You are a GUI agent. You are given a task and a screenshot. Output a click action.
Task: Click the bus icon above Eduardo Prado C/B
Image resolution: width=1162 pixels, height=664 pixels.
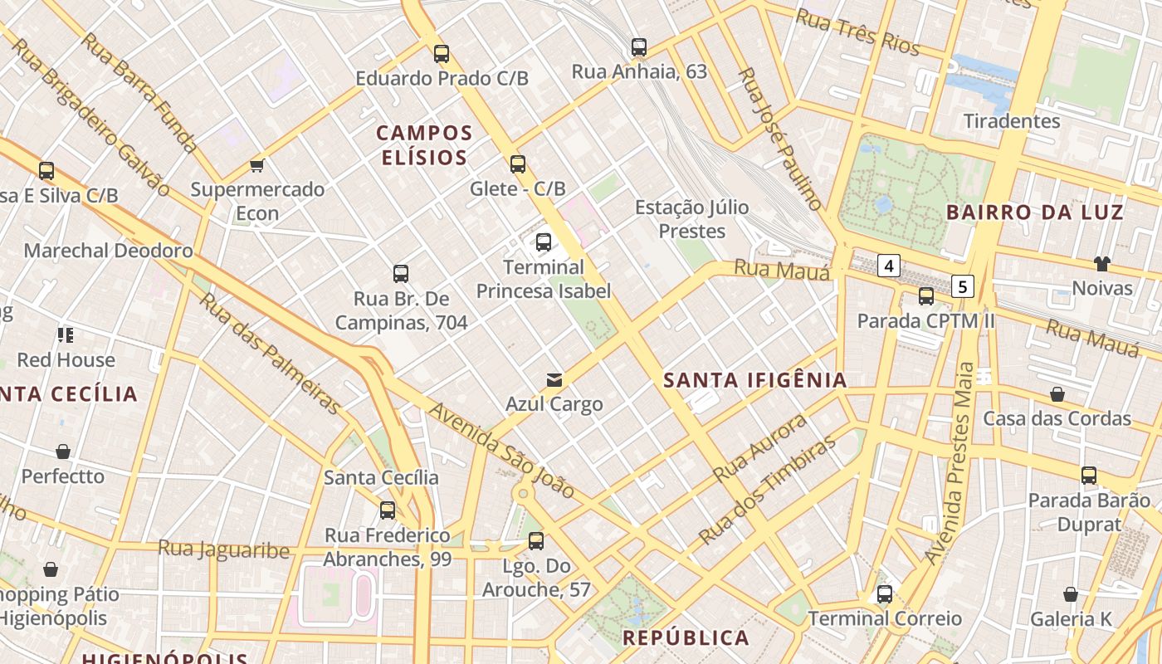(442, 54)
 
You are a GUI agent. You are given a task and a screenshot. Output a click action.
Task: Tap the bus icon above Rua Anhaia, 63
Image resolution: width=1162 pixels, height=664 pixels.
(638, 47)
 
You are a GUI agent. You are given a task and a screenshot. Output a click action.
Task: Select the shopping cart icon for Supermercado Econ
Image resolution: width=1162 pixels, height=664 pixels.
(257, 165)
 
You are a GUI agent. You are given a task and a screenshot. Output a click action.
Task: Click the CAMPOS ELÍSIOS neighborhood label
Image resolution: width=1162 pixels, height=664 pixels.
(424, 144)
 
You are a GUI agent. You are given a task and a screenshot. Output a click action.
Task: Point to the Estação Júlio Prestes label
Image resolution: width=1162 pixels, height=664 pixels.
(691, 219)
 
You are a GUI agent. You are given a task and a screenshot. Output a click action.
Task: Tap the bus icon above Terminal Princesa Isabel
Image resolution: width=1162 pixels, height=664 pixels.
(544, 242)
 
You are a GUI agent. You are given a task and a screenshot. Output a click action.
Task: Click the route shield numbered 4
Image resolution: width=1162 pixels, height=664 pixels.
(889, 266)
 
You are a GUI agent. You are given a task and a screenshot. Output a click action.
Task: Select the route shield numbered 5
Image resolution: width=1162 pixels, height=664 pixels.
(962, 286)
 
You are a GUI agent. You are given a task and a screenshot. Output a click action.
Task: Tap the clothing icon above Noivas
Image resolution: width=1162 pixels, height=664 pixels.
(1101, 264)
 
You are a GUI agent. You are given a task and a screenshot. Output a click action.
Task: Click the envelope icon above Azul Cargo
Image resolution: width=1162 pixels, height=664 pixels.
(554, 380)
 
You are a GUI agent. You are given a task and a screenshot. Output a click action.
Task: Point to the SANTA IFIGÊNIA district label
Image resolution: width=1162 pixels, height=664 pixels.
(755, 380)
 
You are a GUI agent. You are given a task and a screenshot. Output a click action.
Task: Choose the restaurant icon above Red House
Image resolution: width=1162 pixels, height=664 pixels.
(66, 335)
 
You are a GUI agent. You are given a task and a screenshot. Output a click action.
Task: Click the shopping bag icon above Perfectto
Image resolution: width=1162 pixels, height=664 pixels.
(63, 452)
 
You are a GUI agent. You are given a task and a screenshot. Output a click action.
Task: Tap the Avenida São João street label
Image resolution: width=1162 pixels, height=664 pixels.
(502, 452)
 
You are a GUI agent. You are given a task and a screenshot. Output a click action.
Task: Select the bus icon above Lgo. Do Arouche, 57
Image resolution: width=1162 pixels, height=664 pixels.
(536, 541)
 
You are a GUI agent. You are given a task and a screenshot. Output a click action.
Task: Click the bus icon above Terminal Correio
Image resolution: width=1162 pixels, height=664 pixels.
(885, 594)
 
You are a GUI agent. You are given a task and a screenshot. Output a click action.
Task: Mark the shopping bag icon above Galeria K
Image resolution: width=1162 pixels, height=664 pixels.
(1071, 594)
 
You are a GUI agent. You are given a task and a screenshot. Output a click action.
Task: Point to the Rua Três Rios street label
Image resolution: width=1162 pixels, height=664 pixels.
(857, 32)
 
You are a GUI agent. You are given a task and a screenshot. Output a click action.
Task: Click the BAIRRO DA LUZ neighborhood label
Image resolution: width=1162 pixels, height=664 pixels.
(1034, 212)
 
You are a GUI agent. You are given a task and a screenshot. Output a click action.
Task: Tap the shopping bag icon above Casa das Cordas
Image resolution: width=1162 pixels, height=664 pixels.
(1057, 393)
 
